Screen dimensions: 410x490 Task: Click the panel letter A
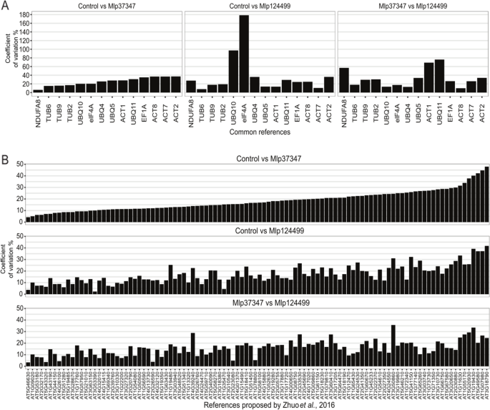(5, 6)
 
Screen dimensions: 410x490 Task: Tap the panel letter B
(5, 152)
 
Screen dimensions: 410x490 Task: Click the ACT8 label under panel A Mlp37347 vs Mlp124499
(442, 107)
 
